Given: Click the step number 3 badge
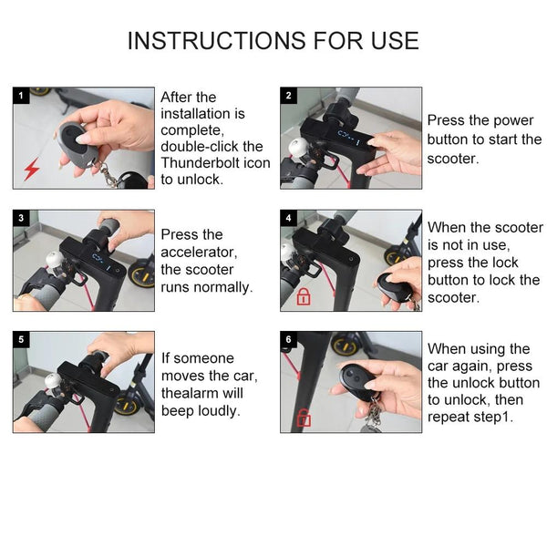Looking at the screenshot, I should point(20,218).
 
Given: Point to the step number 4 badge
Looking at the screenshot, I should point(288,218).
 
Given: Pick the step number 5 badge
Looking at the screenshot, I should point(20,339).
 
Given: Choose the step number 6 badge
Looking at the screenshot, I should point(288,339).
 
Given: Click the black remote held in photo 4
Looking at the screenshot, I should point(395,288).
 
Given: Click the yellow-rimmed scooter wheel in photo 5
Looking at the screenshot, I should point(128,405).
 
